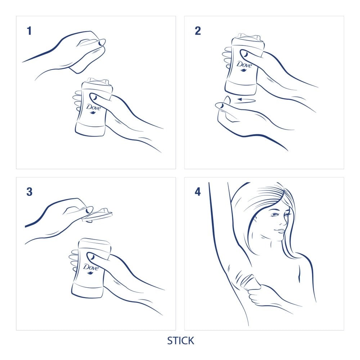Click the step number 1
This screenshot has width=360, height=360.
tap(29, 31)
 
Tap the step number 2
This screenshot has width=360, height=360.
tap(198, 31)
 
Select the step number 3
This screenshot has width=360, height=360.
tap(29, 192)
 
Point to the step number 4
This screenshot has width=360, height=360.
tap(198, 192)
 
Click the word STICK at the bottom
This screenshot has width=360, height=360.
tap(180, 341)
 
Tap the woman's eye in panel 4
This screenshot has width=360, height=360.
tap(275, 215)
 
